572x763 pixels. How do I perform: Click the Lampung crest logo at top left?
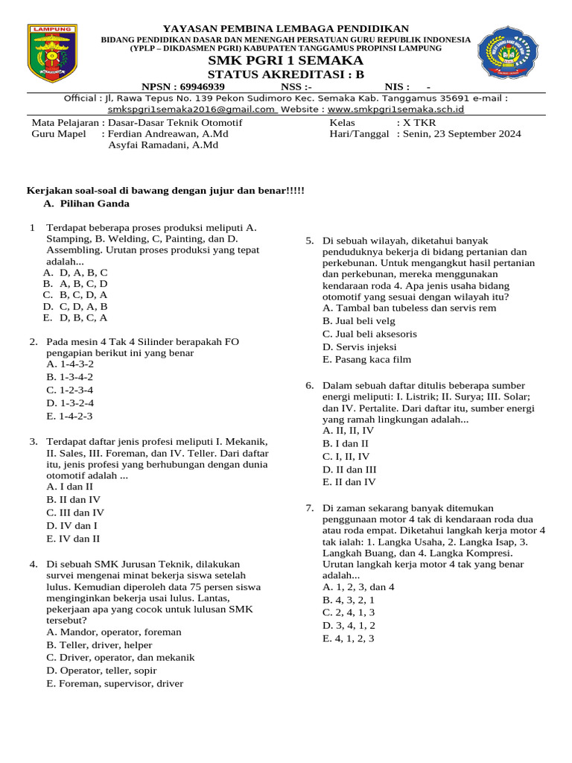coord(52,53)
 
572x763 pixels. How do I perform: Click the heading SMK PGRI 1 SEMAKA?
coord(286,60)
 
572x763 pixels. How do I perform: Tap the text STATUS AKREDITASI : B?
coord(286,75)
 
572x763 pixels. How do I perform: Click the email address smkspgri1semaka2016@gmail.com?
coord(191,109)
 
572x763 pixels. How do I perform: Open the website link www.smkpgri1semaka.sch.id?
coord(396,109)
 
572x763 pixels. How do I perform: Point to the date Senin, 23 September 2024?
coord(462,134)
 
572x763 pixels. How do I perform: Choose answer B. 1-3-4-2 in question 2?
coord(70,377)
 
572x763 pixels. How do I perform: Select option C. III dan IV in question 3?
coord(75,513)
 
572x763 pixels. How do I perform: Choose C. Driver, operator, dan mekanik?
coord(121,657)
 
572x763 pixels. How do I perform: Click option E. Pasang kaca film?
coord(366,359)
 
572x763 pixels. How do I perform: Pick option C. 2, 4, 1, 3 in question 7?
coord(349,612)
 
